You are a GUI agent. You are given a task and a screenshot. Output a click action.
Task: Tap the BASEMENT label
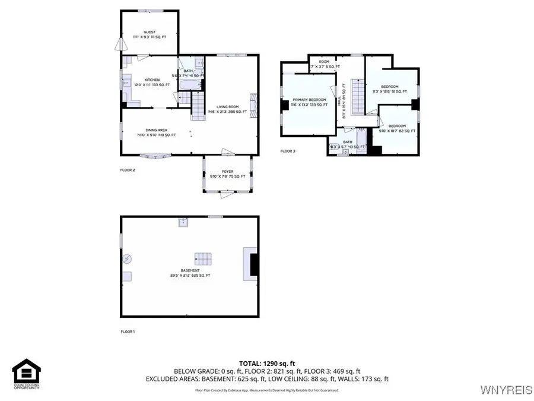(190, 273)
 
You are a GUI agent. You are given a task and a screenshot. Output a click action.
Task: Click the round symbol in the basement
(128, 259)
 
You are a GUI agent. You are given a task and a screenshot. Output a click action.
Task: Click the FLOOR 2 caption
(128, 170)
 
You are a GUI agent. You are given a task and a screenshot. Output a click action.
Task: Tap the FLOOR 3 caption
(288, 151)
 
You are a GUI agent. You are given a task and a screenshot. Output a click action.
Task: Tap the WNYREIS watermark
(505, 389)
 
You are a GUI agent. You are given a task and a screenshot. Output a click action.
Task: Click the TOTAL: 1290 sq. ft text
(266, 362)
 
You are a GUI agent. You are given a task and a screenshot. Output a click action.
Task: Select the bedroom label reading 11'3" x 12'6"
(390, 89)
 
